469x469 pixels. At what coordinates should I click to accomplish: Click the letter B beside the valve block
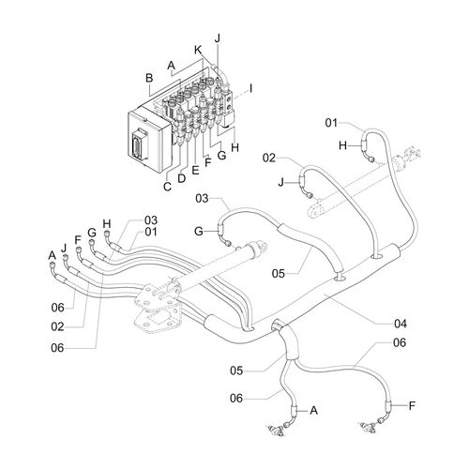149,78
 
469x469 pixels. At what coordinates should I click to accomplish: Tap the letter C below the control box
167,187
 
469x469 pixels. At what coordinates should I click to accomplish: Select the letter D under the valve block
182,178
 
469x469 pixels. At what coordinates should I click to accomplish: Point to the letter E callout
195,170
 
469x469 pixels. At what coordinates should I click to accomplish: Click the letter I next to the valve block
250,89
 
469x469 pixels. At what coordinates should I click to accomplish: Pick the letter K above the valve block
198,50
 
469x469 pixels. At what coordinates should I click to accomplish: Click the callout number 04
401,324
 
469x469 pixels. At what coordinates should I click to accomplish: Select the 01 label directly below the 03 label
151,232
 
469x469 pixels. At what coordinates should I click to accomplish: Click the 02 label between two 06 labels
57,327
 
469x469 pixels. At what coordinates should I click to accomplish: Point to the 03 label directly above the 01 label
151,220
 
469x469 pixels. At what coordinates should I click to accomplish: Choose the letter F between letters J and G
78,240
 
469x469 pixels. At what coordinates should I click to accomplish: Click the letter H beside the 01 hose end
343,145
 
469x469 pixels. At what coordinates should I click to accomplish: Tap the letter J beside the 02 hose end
281,182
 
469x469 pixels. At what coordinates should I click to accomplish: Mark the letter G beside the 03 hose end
199,232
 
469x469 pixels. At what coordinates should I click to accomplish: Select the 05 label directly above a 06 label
236,371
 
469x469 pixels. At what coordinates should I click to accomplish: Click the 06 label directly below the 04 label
400,342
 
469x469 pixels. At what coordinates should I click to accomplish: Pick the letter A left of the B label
171,66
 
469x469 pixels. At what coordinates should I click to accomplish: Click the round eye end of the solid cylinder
262,248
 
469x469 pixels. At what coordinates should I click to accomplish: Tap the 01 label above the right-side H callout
331,123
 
